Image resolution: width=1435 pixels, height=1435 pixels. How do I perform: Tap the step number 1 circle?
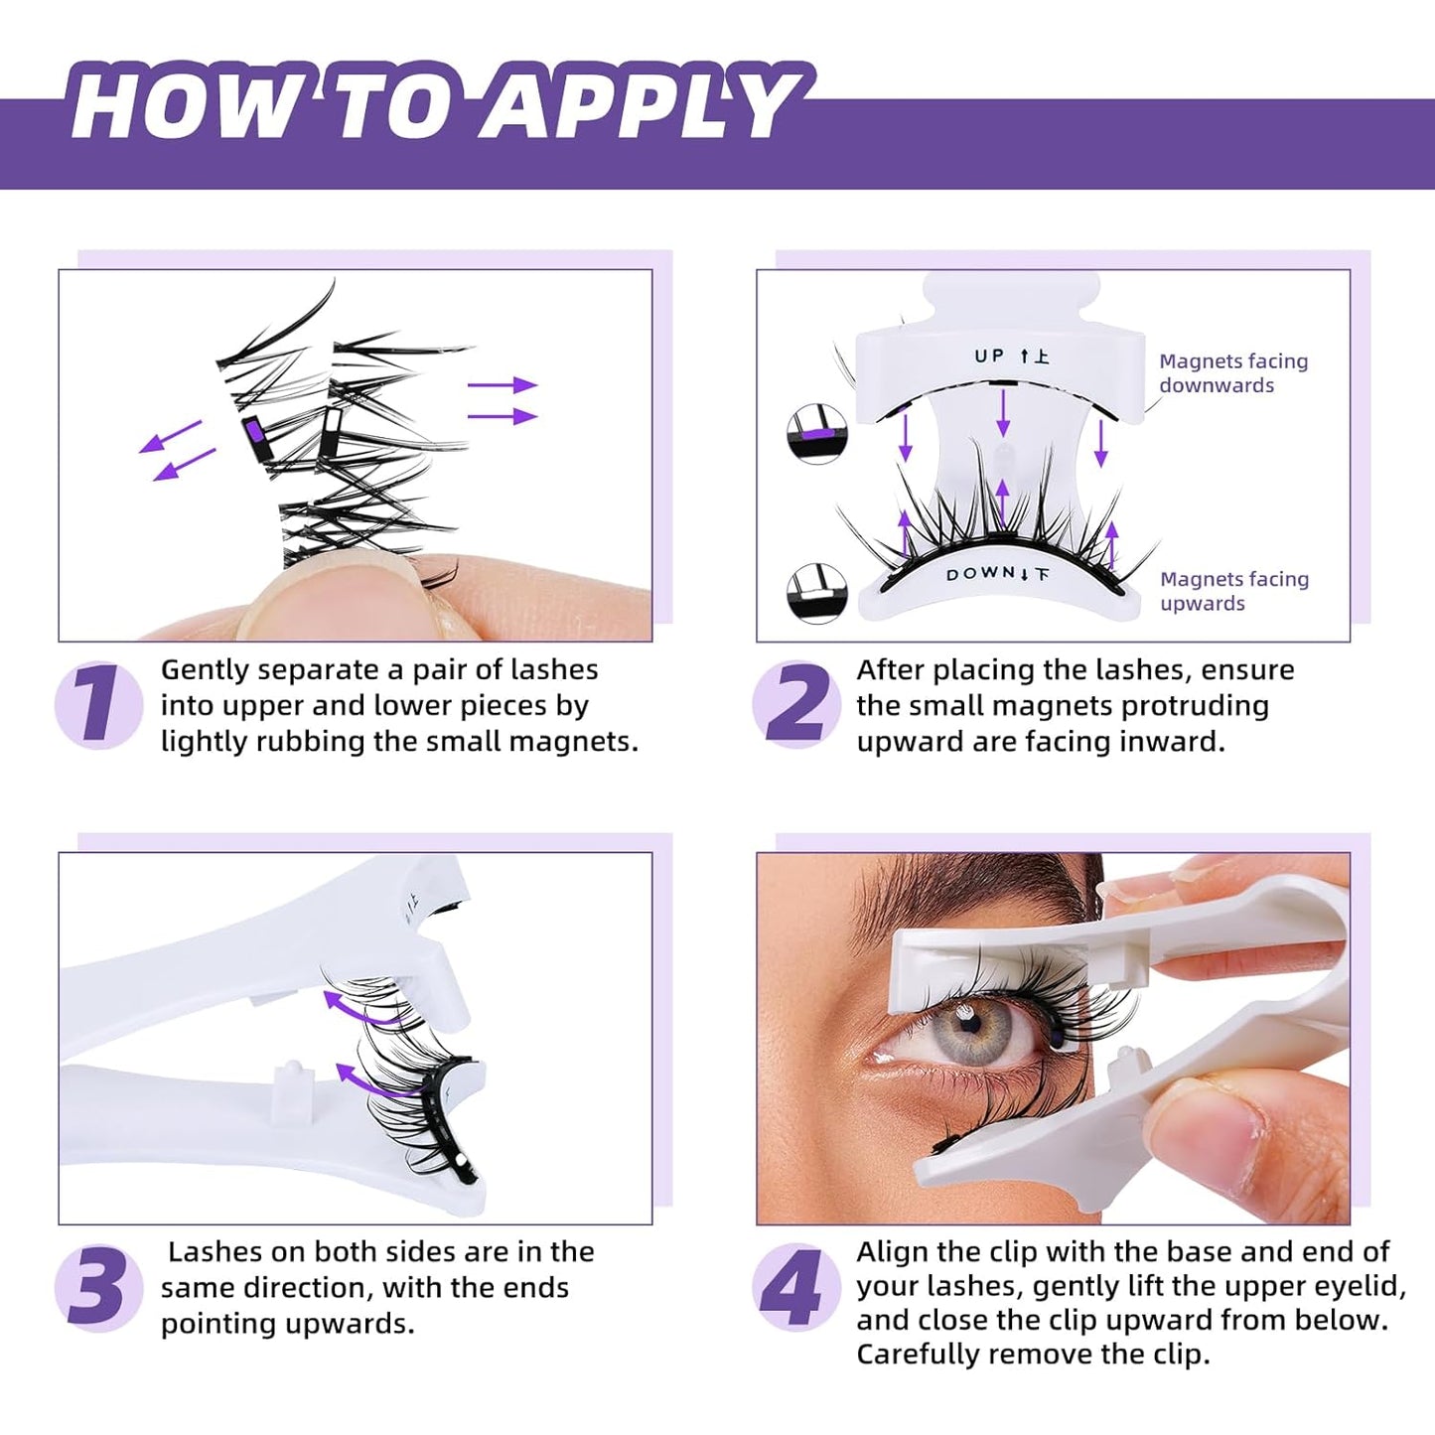coord(98,704)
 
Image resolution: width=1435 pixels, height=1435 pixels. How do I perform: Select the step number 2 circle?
coord(795,704)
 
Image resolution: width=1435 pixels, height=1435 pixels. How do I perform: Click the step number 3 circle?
coord(98,1287)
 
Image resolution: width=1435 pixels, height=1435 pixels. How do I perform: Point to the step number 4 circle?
coord(795,1287)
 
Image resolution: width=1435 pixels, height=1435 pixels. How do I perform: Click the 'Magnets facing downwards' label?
coord(1232,373)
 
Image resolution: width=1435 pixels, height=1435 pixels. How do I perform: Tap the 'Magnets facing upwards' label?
coord(1233,591)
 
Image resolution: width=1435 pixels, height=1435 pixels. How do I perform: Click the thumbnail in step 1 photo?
coord(328,596)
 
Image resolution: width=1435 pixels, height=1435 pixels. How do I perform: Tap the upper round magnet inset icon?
coord(816,434)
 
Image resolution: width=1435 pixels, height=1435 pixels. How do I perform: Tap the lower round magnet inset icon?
coord(816,593)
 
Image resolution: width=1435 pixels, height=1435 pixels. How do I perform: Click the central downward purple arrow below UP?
coord(1003,413)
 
